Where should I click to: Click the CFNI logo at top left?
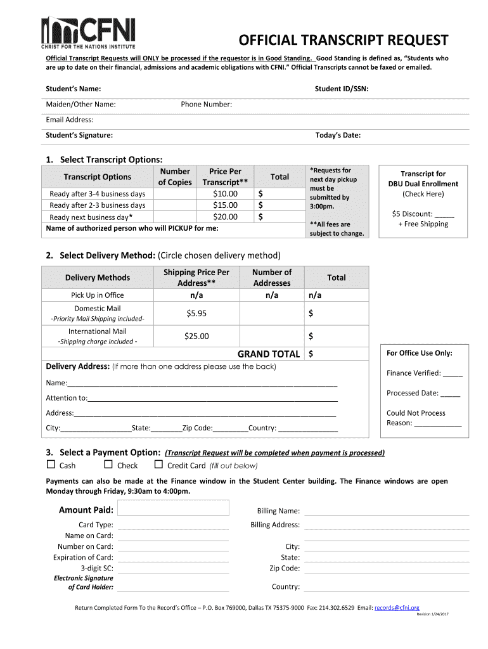pyautogui.click(x=88, y=34)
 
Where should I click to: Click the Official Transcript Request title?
pyautogui.click(x=343, y=41)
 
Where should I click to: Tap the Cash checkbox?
pyautogui.click(x=51, y=465)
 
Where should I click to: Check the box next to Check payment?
pyautogui.click(x=108, y=465)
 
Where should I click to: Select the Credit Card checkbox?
pyautogui.click(x=159, y=465)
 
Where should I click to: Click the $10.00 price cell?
pyautogui.click(x=225, y=193)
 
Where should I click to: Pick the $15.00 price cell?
pyautogui.click(x=225, y=205)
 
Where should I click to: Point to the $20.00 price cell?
pyautogui.click(x=225, y=217)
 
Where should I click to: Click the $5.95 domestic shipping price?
pyautogui.click(x=196, y=313)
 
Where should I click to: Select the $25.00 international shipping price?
pyautogui.click(x=196, y=337)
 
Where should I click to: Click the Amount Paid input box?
pyautogui.click(x=174, y=508)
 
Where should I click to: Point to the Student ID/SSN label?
pyautogui.click(x=342, y=89)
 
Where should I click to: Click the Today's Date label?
pyautogui.click(x=338, y=135)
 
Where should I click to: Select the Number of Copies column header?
pyautogui.click(x=175, y=177)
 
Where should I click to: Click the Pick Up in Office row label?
pyautogui.click(x=97, y=295)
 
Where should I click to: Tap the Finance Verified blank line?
pyautogui.click(x=453, y=374)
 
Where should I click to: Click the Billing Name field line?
pyautogui.click(x=386, y=512)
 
